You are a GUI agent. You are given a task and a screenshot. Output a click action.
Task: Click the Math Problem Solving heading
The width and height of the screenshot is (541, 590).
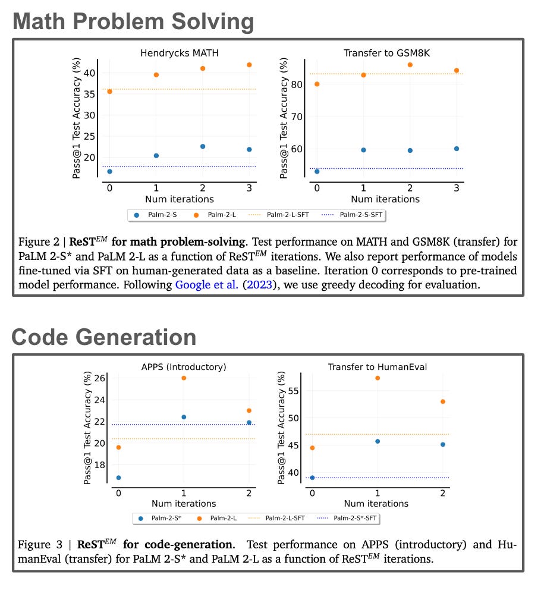(x=133, y=22)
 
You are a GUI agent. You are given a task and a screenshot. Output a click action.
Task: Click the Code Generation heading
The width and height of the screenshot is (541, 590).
(x=104, y=337)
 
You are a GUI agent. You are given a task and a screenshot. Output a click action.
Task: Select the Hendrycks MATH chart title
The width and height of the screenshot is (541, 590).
(x=179, y=53)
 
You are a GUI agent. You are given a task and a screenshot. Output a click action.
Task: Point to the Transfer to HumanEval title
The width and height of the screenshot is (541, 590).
(x=378, y=367)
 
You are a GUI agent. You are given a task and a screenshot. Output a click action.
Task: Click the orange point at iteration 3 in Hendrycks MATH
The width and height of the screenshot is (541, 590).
(x=249, y=65)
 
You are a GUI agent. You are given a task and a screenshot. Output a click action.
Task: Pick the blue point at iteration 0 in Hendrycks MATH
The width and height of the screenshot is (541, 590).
(x=109, y=171)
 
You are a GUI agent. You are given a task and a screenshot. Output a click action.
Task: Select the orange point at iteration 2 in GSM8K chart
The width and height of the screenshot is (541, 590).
(x=410, y=65)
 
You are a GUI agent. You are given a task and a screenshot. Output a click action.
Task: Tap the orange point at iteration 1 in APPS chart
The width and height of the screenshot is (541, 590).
(x=184, y=378)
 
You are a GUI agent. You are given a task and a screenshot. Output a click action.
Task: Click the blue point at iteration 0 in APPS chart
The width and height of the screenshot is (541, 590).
(x=118, y=478)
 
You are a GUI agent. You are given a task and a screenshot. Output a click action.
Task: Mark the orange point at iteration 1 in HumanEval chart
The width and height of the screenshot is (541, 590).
(x=378, y=378)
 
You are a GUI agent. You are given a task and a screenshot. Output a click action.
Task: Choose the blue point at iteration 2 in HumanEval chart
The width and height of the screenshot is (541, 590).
(x=443, y=444)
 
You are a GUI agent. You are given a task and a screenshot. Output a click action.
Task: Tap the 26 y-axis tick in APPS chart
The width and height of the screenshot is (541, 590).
(x=100, y=378)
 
